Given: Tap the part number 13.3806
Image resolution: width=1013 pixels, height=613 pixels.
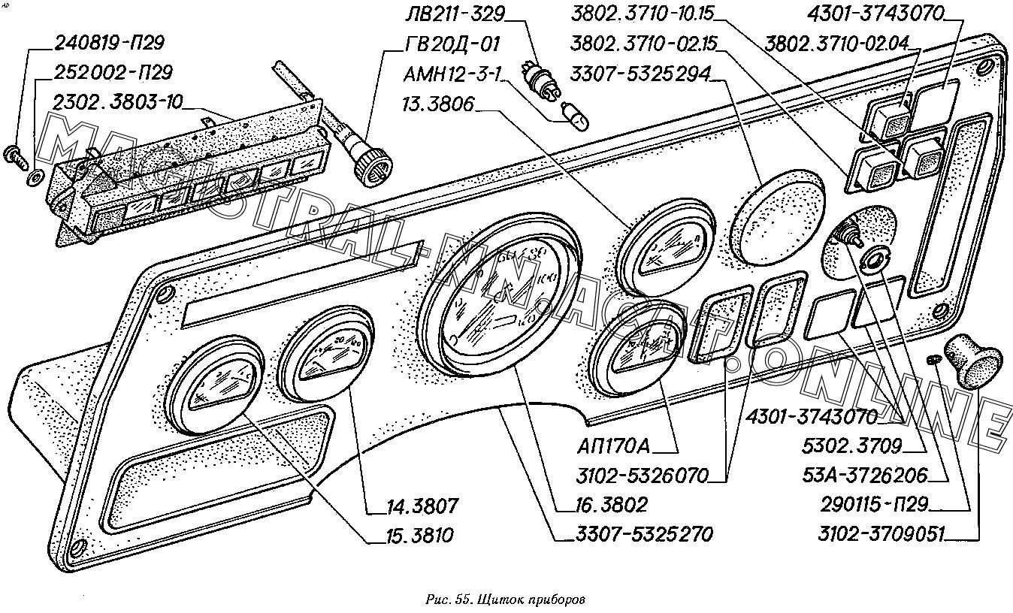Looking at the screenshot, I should click(438, 104).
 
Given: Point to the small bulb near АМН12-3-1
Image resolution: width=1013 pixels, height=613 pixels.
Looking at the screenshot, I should click(577, 115).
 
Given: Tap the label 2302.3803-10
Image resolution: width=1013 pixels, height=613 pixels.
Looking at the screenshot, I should click(118, 101).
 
